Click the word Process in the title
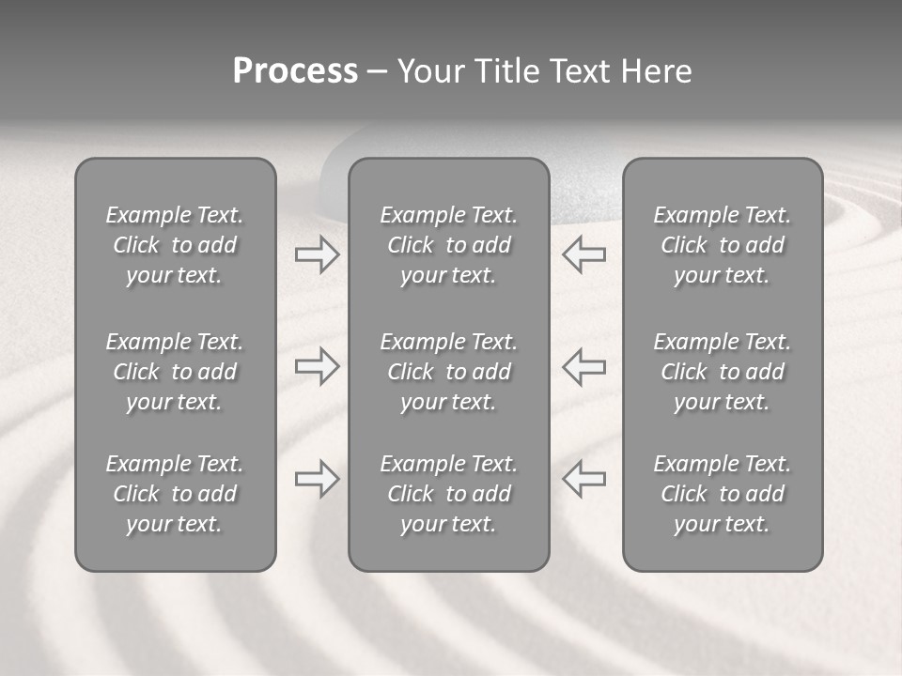pyautogui.click(x=295, y=71)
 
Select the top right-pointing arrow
pyautogui.click(x=317, y=254)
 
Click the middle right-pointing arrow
pyautogui.click(x=317, y=367)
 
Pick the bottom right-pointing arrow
pyautogui.click(x=317, y=479)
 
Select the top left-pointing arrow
pyautogui.click(x=583, y=254)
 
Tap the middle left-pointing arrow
pyautogui.click(x=583, y=367)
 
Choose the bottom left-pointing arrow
pyautogui.click(x=583, y=479)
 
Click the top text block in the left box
pyautogui.click(x=175, y=245)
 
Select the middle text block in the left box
pyautogui.click(x=175, y=372)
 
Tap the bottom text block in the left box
pyautogui.click(x=175, y=494)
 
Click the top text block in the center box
pyautogui.click(x=449, y=245)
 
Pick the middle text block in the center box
pyautogui.click(x=449, y=372)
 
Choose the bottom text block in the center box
pyautogui.click(x=449, y=494)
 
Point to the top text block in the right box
pyautogui.click(x=723, y=245)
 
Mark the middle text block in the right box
pyautogui.click(x=723, y=372)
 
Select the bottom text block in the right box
pyautogui.click(x=723, y=494)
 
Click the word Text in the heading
pyautogui.click(x=577, y=71)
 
